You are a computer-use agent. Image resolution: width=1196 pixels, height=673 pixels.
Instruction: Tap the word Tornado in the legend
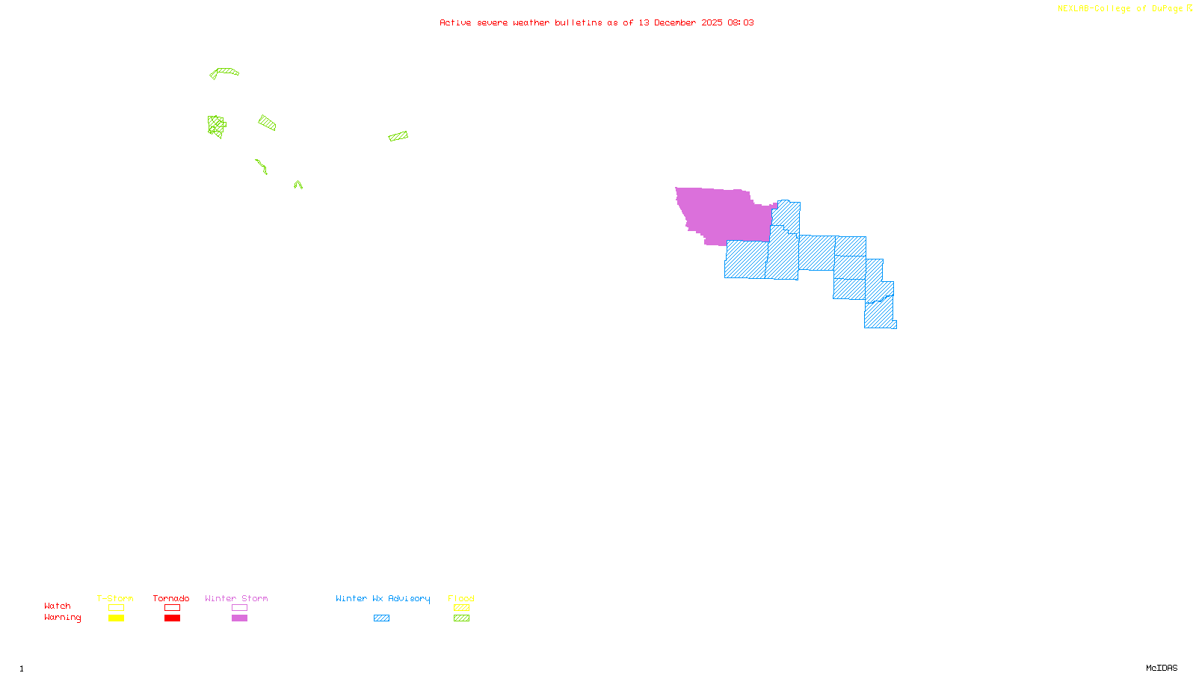[x=171, y=598]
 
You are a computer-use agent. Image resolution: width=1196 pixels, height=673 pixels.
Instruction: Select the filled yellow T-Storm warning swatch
[x=116, y=618]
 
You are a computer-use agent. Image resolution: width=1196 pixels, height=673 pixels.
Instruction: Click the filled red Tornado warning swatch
[x=173, y=618]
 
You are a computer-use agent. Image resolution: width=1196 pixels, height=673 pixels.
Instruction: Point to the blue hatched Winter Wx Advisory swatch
[x=381, y=618]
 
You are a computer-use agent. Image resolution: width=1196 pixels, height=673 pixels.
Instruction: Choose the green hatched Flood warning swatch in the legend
[x=462, y=618]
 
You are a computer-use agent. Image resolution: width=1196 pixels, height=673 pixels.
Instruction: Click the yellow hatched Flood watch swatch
[x=462, y=608]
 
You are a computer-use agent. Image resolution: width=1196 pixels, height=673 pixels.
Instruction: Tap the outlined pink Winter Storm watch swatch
[x=239, y=608]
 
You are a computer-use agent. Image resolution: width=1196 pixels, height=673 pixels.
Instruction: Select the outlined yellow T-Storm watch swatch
[x=116, y=608]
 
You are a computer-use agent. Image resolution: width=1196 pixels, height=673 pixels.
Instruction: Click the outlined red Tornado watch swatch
[x=173, y=608]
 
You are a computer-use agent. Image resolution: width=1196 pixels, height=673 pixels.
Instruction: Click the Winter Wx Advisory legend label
[x=383, y=598]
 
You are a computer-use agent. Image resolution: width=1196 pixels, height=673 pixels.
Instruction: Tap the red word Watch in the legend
[x=58, y=606]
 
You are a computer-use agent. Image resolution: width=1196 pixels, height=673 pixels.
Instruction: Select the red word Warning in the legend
[x=62, y=618]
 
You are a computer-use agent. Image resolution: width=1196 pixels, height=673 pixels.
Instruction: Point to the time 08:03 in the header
[x=740, y=22]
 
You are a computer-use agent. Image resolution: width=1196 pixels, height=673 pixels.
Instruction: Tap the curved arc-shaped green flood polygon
[x=224, y=72]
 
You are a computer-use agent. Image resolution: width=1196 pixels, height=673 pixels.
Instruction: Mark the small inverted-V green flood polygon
[x=298, y=183]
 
